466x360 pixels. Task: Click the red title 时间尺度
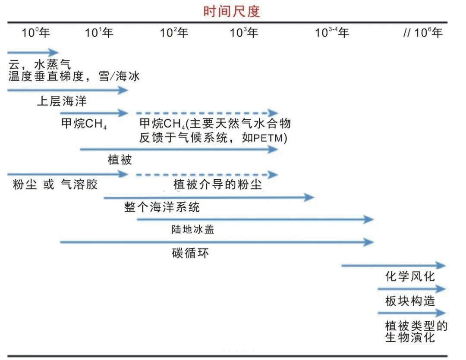click(232, 12)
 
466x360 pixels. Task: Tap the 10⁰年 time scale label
click(36, 32)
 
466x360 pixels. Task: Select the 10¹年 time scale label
click(99, 32)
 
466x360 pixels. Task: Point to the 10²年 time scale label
click(174, 32)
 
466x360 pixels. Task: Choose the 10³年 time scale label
click(244, 32)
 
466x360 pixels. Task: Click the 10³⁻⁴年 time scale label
click(332, 32)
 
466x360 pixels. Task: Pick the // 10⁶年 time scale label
click(422, 32)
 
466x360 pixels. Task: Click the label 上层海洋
click(62, 101)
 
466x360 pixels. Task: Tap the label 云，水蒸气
click(40, 64)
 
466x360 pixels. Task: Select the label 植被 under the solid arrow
click(120, 160)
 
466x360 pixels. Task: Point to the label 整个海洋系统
click(162, 207)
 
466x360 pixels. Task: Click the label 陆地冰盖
click(192, 229)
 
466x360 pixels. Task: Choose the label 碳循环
click(190, 253)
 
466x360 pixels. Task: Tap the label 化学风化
click(410, 276)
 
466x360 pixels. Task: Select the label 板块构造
click(410, 301)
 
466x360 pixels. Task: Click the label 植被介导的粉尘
click(217, 184)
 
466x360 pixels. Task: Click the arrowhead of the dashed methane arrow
click(273, 113)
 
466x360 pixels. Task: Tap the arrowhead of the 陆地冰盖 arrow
click(368, 219)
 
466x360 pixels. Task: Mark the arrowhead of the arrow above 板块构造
click(441, 288)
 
